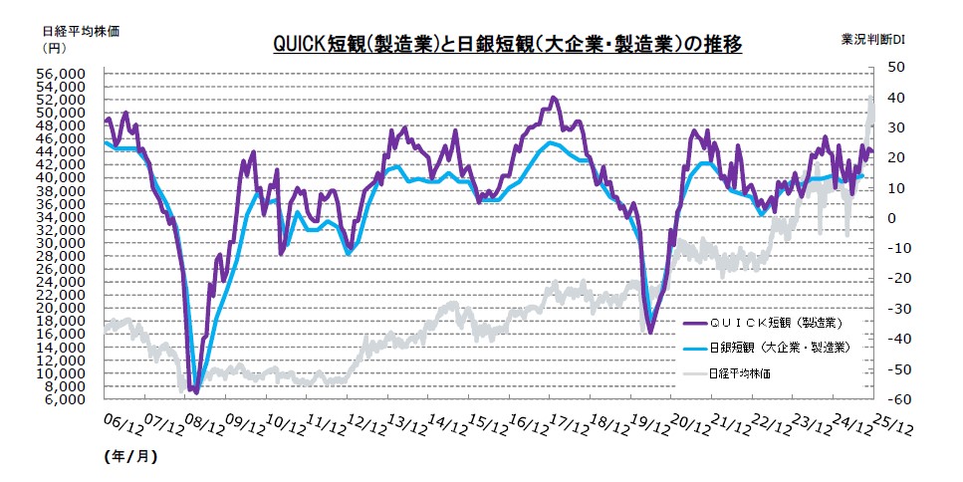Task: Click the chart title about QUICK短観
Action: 507,45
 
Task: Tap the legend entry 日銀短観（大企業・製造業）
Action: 779,348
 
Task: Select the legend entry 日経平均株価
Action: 740,373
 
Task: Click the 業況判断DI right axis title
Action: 872,39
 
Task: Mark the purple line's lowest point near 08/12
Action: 196,392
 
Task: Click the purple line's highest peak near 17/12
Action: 554,98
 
